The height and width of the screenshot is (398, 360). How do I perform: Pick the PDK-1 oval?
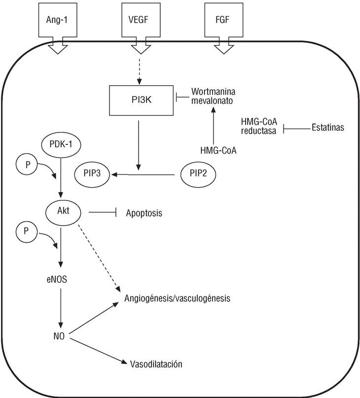(x=62, y=145)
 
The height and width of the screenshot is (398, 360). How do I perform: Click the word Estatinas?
(x=327, y=129)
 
